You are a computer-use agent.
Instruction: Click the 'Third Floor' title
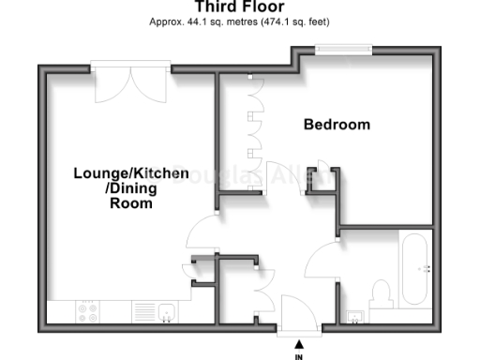(x=239, y=7)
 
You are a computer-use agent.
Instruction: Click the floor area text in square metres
(x=239, y=21)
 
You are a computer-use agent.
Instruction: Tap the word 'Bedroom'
(x=337, y=125)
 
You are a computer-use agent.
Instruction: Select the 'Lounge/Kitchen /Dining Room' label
(x=131, y=187)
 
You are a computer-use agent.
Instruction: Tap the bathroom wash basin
(x=355, y=314)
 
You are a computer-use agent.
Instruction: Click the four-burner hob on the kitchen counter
(x=90, y=310)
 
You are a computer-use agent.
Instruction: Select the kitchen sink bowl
(x=168, y=311)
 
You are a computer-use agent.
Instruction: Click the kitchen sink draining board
(x=143, y=311)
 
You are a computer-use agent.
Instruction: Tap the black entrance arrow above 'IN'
(x=299, y=343)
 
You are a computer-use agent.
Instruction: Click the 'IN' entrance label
(x=299, y=356)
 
